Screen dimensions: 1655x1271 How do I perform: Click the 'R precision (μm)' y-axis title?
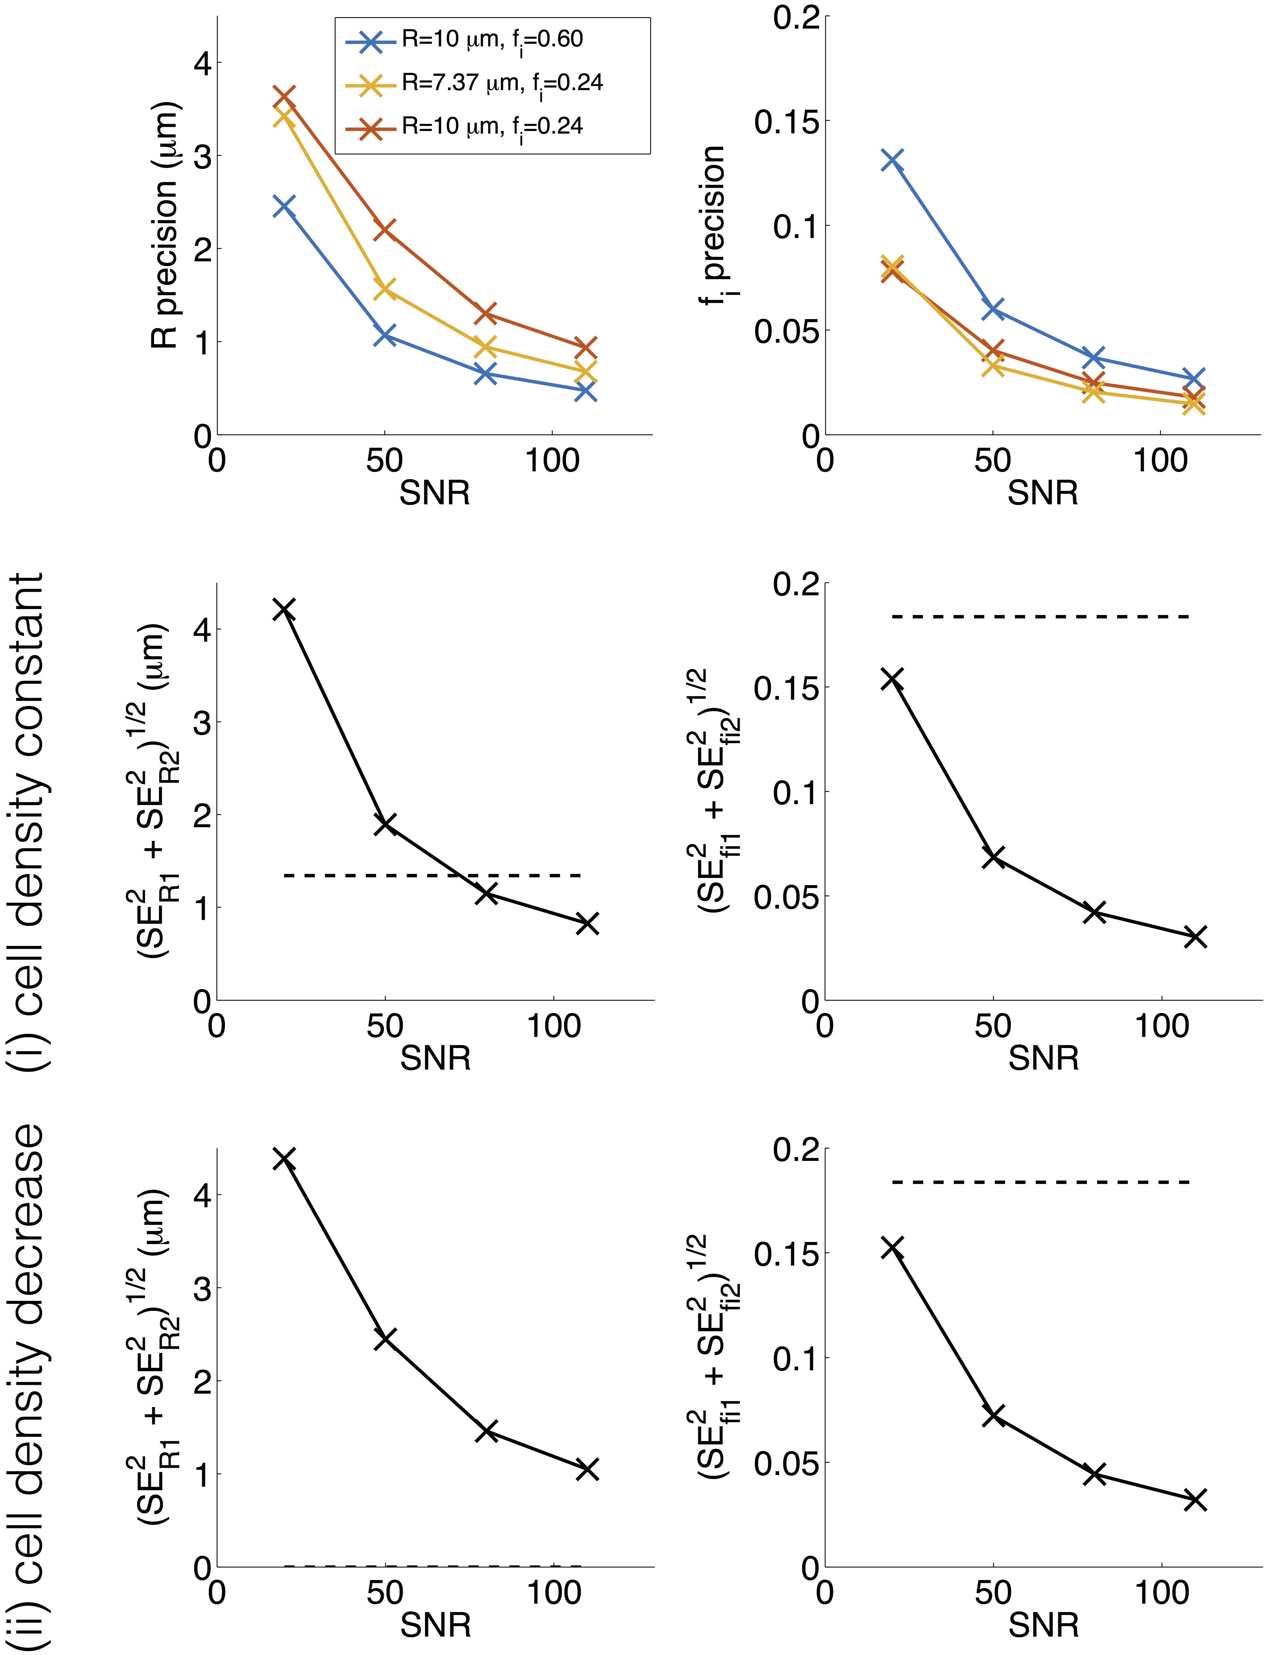[165, 225]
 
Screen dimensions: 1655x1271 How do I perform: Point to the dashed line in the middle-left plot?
[431, 875]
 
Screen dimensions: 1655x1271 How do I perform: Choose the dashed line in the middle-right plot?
[1040, 616]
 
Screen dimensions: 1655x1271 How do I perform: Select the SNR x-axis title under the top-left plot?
[435, 493]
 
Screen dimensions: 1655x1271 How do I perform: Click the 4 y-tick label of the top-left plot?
[202, 64]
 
